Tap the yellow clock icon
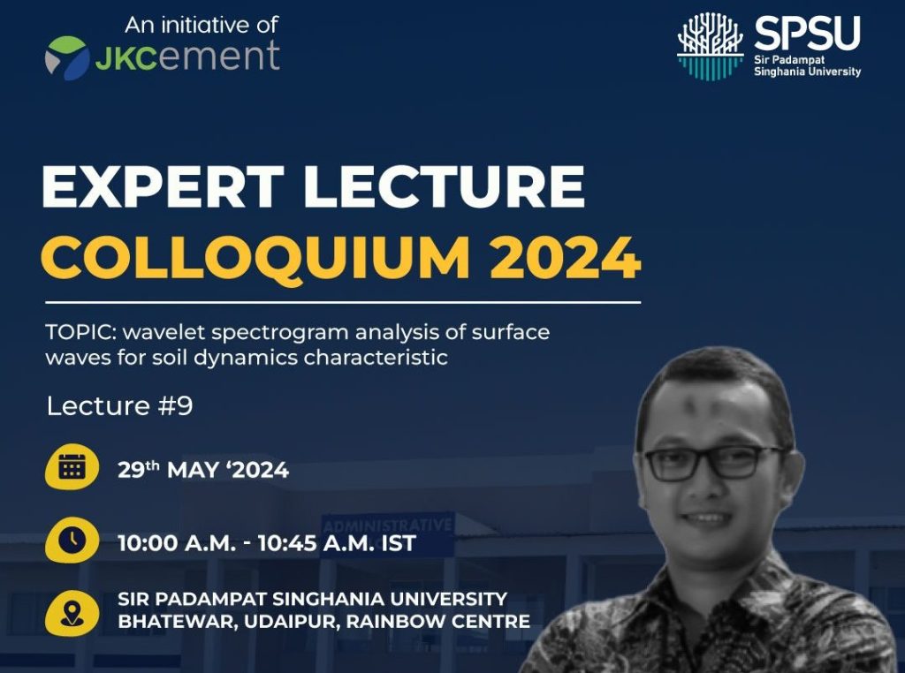click(72, 541)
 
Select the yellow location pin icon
click(72, 613)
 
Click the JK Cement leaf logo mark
click(67, 57)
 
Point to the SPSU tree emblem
click(710, 46)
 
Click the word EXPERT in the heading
click(163, 186)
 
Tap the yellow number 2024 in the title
click(565, 257)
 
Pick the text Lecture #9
click(119, 406)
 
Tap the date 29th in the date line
click(139, 470)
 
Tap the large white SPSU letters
click(807, 33)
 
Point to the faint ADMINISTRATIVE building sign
click(387, 526)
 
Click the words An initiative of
click(202, 25)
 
